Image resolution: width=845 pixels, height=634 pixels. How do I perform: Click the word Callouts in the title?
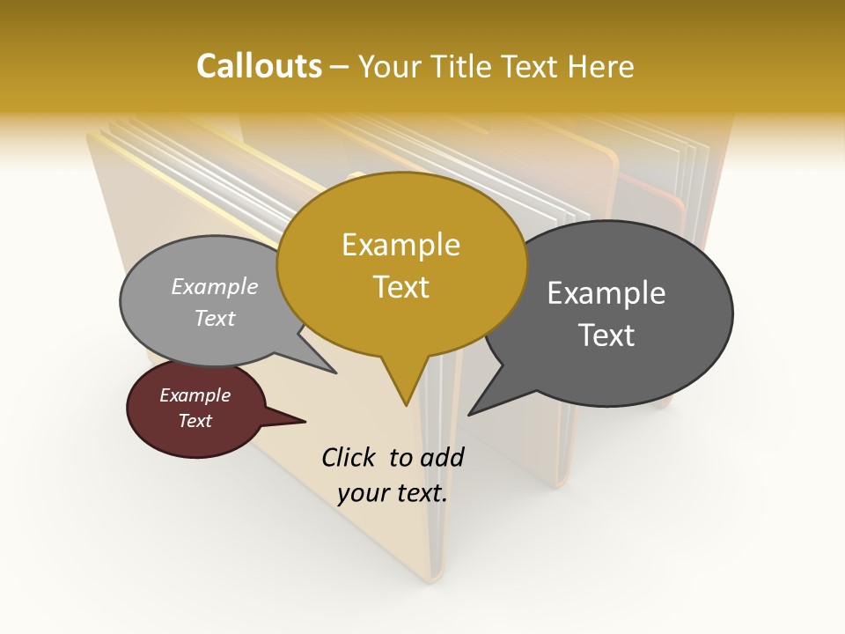[x=259, y=66]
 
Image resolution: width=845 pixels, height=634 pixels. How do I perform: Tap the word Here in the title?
[x=601, y=66]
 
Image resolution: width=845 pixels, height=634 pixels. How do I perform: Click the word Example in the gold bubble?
[x=400, y=245]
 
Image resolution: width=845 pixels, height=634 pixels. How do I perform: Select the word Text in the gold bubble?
[x=400, y=287]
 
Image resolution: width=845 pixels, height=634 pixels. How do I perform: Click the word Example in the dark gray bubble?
[x=606, y=293]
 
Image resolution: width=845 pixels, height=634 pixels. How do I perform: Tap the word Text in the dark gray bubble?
[x=606, y=335]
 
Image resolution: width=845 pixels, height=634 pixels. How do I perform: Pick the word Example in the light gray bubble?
[x=215, y=287]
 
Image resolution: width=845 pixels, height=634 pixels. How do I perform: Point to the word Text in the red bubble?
[x=195, y=421]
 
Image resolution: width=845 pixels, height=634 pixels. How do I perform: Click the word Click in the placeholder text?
[x=349, y=457]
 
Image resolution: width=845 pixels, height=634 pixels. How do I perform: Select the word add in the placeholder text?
[x=441, y=457]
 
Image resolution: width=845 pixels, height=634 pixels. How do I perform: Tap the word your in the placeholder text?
[x=361, y=494]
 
